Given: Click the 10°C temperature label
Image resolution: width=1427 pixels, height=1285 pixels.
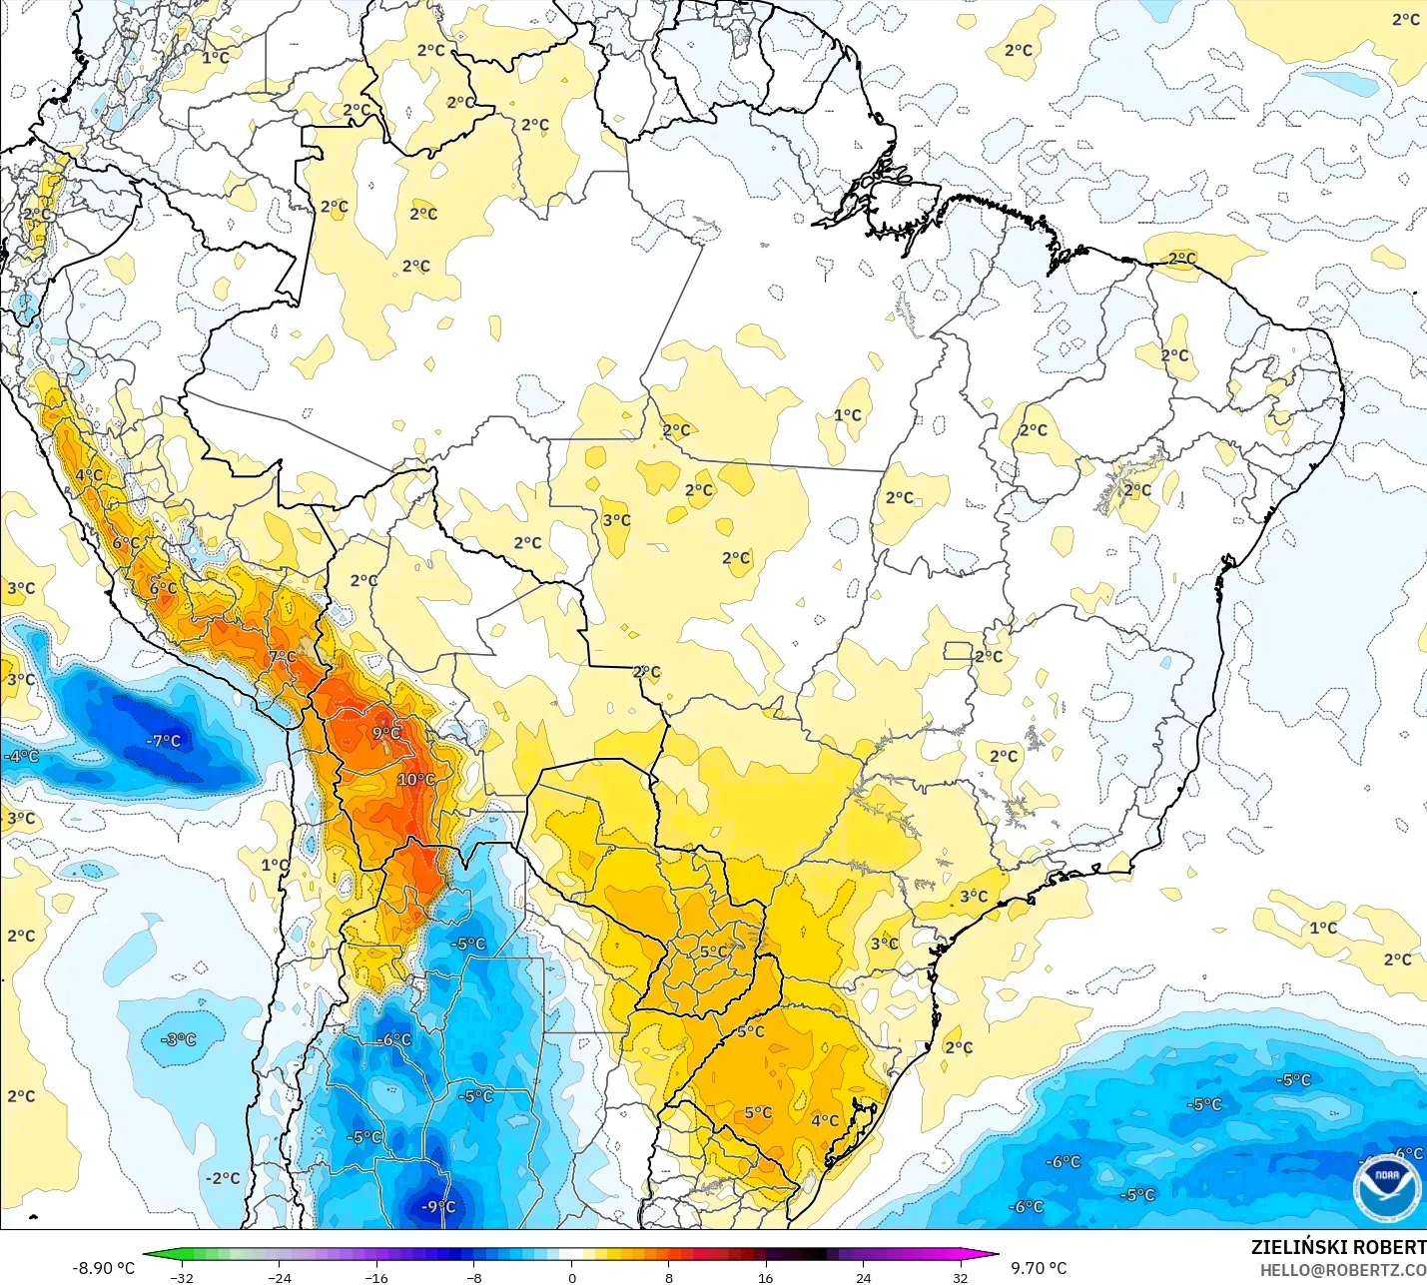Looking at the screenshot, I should pyautogui.click(x=415, y=779).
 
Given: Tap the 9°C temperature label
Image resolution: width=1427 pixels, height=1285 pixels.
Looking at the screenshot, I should pyautogui.click(x=386, y=732).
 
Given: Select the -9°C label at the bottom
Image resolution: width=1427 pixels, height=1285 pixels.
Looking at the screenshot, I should pyautogui.click(x=437, y=1206).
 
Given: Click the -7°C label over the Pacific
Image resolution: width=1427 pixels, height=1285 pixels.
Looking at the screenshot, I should pyautogui.click(x=164, y=740).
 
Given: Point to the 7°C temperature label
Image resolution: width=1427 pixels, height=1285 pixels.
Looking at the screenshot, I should pyautogui.click(x=283, y=656).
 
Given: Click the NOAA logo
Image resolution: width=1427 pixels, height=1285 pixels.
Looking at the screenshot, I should pyautogui.click(x=1387, y=1186).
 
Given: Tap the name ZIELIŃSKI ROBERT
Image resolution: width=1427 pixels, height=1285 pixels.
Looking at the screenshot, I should pyautogui.click(x=1338, y=1247).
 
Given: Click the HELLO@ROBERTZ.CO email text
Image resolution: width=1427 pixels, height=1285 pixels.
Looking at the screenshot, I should pyautogui.click(x=1342, y=1270).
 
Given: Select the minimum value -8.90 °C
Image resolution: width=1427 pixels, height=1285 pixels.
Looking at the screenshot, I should pyautogui.click(x=104, y=1267).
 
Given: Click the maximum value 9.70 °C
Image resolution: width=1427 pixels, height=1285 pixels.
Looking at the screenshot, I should pyautogui.click(x=1039, y=1267).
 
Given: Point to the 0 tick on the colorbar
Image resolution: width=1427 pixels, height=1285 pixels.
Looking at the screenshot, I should pyautogui.click(x=572, y=1277).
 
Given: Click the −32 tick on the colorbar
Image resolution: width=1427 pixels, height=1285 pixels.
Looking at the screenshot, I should pyautogui.click(x=182, y=1277).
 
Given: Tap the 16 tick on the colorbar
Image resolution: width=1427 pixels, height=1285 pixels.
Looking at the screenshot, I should pyautogui.click(x=765, y=1277).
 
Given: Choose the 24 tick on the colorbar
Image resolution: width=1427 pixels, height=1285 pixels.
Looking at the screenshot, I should pyautogui.click(x=863, y=1277).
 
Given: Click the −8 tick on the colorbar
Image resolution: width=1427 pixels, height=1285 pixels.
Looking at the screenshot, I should pyautogui.click(x=474, y=1277).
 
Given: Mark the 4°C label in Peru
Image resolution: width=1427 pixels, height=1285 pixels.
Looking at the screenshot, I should pyautogui.click(x=89, y=474).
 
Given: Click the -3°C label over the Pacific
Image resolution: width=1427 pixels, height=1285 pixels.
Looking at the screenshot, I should pyautogui.click(x=180, y=1039).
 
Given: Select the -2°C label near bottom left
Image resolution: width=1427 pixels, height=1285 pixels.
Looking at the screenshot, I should pyautogui.click(x=223, y=1178).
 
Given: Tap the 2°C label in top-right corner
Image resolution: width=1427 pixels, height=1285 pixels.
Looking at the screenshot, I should pyautogui.click(x=1406, y=19).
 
